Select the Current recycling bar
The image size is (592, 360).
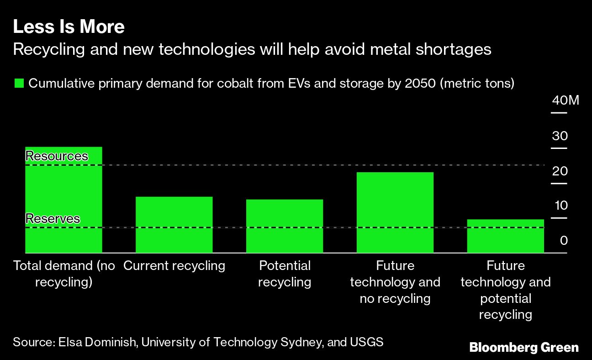click(x=174, y=224)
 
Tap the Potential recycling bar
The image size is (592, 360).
click(x=285, y=226)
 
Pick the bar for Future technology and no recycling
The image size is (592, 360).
click(x=395, y=212)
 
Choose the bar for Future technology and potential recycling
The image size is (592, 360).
click(x=506, y=236)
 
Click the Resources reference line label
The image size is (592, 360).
click(x=57, y=156)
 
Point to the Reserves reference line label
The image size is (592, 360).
click(x=53, y=219)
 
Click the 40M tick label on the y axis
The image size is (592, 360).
click(x=565, y=101)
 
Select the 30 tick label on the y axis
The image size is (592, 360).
click(x=560, y=136)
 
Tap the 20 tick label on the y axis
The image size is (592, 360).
click(x=560, y=171)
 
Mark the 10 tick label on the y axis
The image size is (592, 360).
click(x=560, y=206)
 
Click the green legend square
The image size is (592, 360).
click(x=19, y=84)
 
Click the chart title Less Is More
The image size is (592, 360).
click(x=69, y=27)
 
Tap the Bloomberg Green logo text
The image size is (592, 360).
click(x=524, y=348)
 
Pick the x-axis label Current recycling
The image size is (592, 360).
click(x=174, y=266)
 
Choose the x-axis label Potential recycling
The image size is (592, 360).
click(x=285, y=274)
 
